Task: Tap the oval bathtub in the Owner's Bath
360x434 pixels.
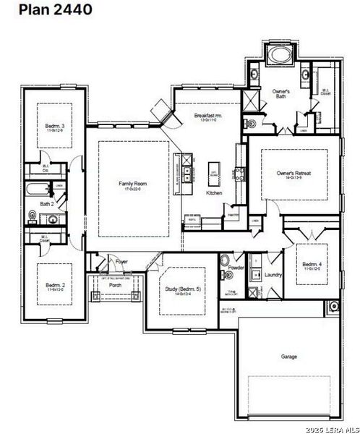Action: [279, 54]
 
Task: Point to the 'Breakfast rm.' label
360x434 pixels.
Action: [208, 116]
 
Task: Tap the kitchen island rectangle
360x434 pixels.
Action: [215, 171]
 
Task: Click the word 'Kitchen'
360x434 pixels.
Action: [214, 193]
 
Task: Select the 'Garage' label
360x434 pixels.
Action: [289, 356]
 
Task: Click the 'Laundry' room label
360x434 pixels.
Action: [273, 275]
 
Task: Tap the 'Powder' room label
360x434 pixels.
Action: [236, 268]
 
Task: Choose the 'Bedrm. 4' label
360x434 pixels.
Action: [312, 265]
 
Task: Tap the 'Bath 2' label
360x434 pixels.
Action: [47, 205]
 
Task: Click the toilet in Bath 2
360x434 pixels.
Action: [33, 215]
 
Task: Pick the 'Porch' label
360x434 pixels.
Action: [115, 285]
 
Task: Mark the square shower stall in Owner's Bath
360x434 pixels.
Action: [251, 101]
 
